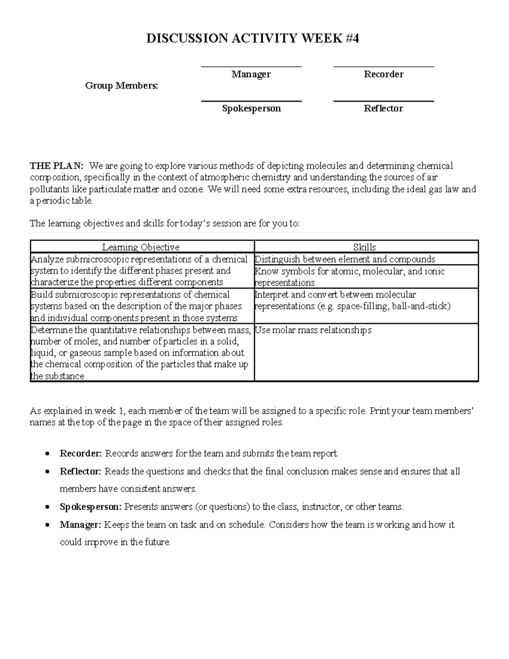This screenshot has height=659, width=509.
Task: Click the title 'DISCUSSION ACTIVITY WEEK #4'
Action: coord(252,39)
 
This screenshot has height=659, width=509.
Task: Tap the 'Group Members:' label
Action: coord(121,86)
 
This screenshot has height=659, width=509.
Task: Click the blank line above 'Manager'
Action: coord(251,67)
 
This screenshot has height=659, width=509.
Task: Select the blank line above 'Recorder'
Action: coord(383,67)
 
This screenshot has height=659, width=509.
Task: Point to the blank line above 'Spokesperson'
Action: coord(251,101)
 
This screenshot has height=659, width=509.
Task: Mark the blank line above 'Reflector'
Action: coord(383,101)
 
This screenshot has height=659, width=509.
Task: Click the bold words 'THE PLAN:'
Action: coord(56,165)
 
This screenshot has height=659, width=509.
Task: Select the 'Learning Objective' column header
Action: coord(141,247)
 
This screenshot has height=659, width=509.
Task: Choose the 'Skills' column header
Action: coord(364,247)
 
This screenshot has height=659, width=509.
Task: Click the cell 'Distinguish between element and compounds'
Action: coord(345,259)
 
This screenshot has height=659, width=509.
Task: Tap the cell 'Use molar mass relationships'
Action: coord(313,330)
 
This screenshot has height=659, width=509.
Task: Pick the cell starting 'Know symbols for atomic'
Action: coord(350,277)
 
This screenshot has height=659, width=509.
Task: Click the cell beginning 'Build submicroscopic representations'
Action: coord(136,306)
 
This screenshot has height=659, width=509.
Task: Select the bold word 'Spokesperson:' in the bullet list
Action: coord(91,507)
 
